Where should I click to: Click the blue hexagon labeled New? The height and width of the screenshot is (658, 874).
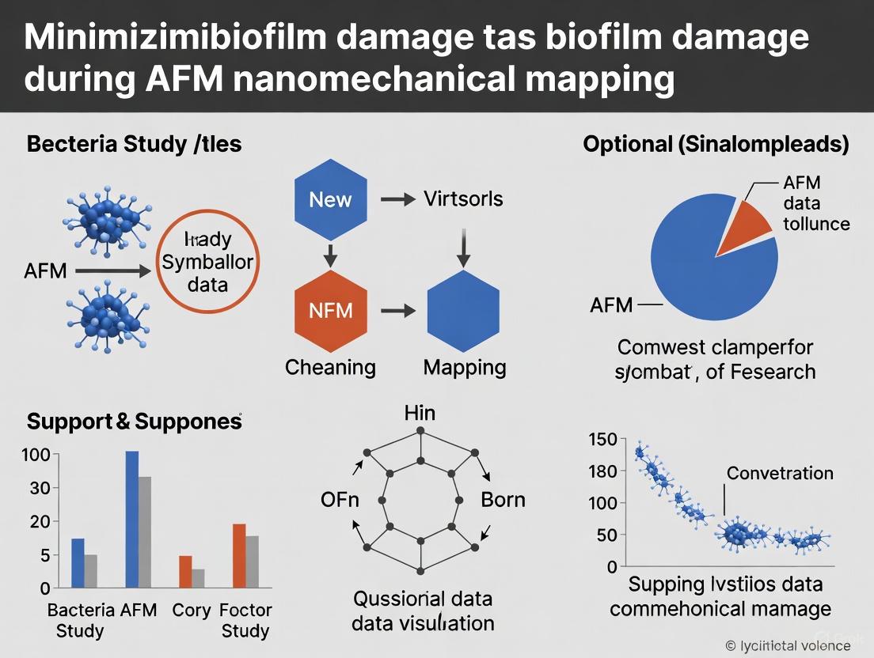click(x=330, y=199)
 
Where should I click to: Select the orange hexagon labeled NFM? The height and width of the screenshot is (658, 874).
click(x=330, y=310)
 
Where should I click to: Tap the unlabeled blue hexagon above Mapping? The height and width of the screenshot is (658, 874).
click(x=464, y=310)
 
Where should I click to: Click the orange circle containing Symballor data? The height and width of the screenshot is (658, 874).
click(x=208, y=262)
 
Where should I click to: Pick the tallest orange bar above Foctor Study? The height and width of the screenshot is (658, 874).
click(x=239, y=555)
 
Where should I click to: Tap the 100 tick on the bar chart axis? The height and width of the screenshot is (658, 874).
click(x=39, y=455)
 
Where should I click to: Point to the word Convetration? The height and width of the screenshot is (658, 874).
click(x=779, y=473)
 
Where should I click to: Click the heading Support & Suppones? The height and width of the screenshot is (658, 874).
click(x=134, y=422)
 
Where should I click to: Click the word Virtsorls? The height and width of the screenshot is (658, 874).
click(x=463, y=198)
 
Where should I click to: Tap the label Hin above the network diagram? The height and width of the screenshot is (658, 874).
click(x=419, y=413)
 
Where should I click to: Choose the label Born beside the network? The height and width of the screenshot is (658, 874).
click(x=503, y=500)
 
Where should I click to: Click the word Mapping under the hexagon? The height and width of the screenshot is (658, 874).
click(x=465, y=367)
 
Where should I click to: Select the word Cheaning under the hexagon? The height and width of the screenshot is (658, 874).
click(x=330, y=367)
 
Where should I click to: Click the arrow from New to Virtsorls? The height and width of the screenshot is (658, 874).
click(x=397, y=199)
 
